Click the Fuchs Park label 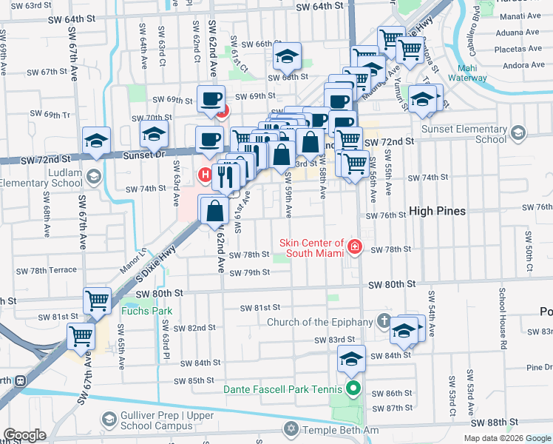(152, 312)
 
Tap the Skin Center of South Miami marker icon (355, 246)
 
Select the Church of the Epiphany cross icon (383, 321)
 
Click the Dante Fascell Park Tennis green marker (353, 387)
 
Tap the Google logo (24, 436)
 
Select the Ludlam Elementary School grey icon (94, 176)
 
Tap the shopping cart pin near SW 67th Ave (81, 336)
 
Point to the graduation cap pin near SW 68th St (287, 55)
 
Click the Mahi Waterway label (467, 73)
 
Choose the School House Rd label (502, 318)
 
